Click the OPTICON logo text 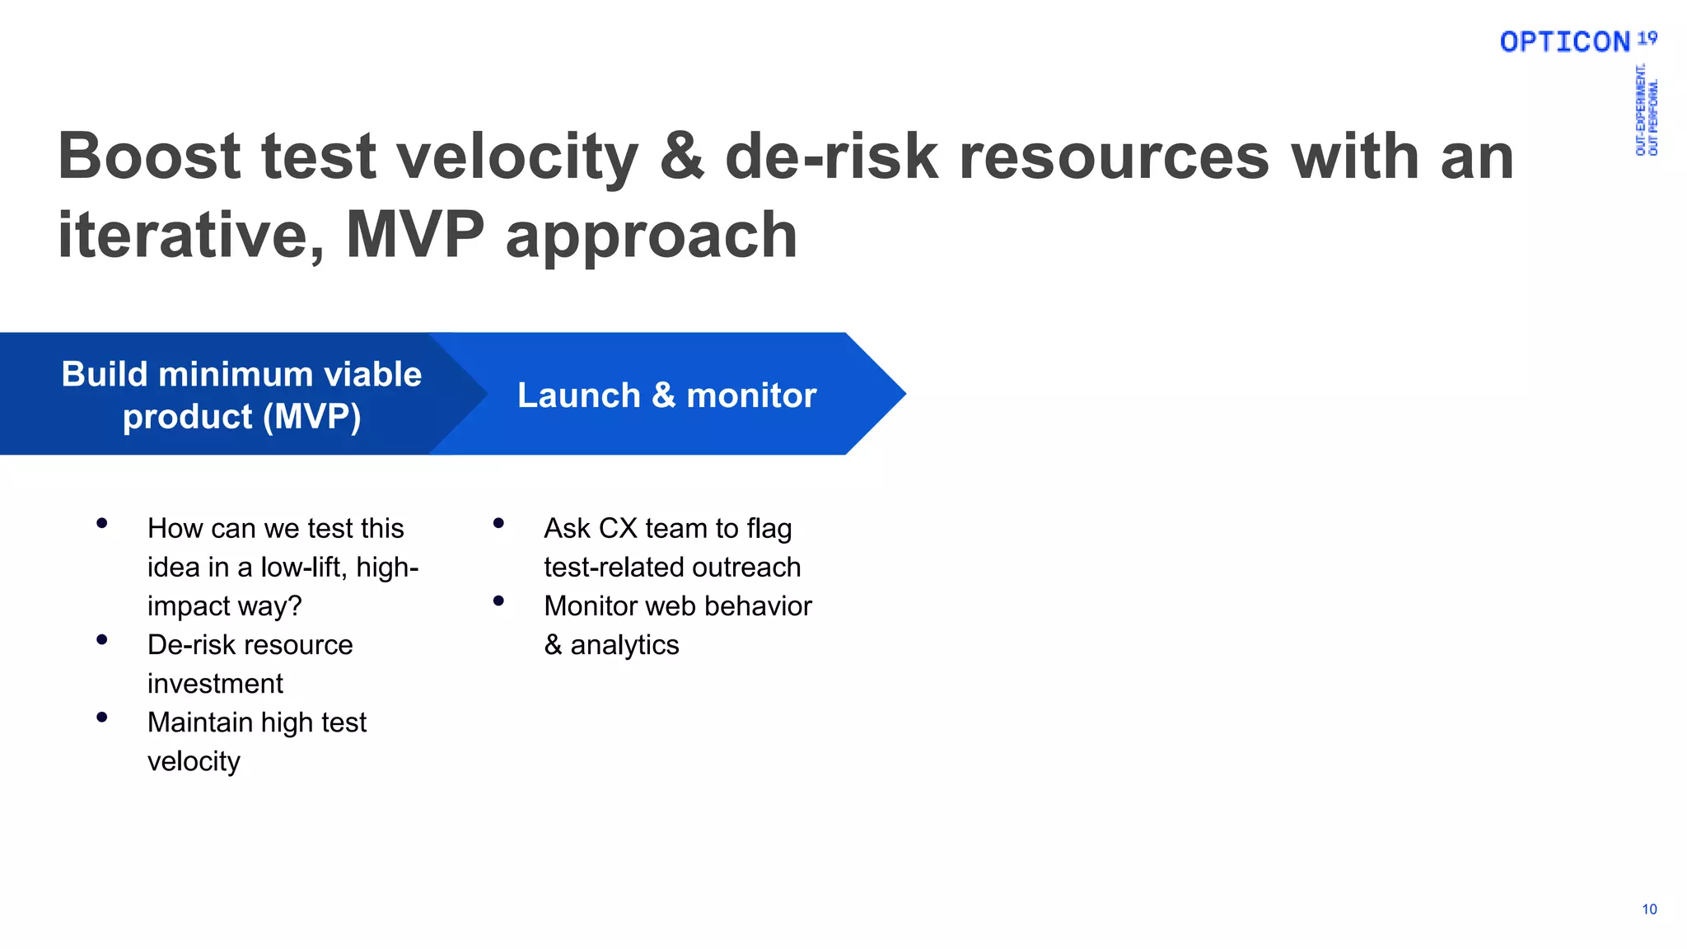pyautogui.click(x=1564, y=42)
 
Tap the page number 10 pyautogui.click(x=1649, y=909)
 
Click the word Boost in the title pyautogui.click(x=149, y=157)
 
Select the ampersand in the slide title pyautogui.click(x=682, y=157)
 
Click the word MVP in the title pyautogui.click(x=415, y=235)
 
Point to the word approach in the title pyautogui.click(x=651, y=236)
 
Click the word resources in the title pyautogui.click(x=1113, y=157)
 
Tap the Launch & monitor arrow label pyautogui.click(x=666, y=395)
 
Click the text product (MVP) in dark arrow pyautogui.click(x=241, y=417)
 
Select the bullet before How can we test pyautogui.click(x=102, y=523)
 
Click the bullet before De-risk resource pyautogui.click(x=102, y=639)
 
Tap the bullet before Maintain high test pyautogui.click(x=102, y=718)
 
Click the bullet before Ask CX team pyautogui.click(x=498, y=523)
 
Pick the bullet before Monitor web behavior pyautogui.click(x=498, y=601)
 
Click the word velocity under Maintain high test pyautogui.click(x=194, y=761)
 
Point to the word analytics pyautogui.click(x=624, y=645)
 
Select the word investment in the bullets pyautogui.click(x=215, y=684)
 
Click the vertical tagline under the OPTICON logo pyautogui.click(x=1647, y=110)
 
